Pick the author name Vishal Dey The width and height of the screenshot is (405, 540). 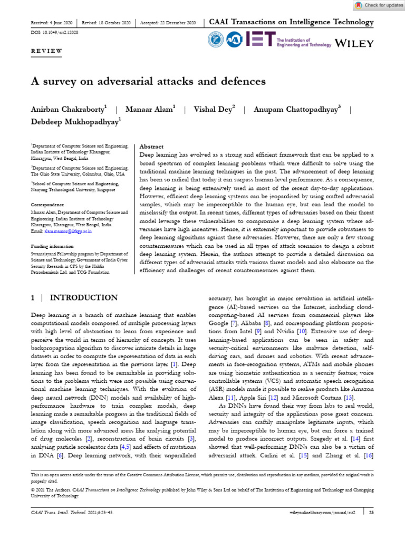point(213,110)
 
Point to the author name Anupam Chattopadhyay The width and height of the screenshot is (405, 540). point(297,110)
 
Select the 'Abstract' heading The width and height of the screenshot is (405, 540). point(151,147)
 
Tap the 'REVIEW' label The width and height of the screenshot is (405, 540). point(46,51)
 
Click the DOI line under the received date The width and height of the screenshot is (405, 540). point(53,33)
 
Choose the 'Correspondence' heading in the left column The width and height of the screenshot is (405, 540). point(47,205)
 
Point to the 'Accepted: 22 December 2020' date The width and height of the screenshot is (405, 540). point(168,23)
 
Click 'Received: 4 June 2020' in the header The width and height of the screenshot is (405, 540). point(52,23)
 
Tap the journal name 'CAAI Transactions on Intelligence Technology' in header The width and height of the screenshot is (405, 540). point(291,23)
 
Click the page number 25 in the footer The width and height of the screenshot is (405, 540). point(371,512)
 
